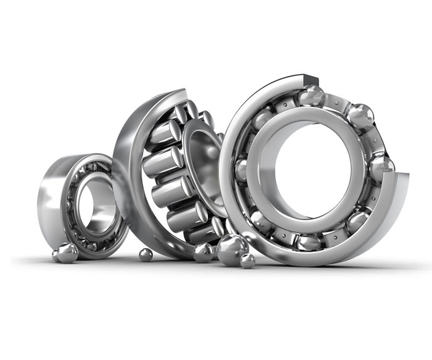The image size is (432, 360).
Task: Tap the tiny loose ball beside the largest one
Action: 248,261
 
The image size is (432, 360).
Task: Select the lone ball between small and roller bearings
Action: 146,254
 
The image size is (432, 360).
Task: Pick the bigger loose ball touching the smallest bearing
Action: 67,252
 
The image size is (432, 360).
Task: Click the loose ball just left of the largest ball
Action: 203,252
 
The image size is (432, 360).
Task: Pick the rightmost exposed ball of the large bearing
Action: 381,167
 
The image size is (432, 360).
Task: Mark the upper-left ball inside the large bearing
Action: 262,118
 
